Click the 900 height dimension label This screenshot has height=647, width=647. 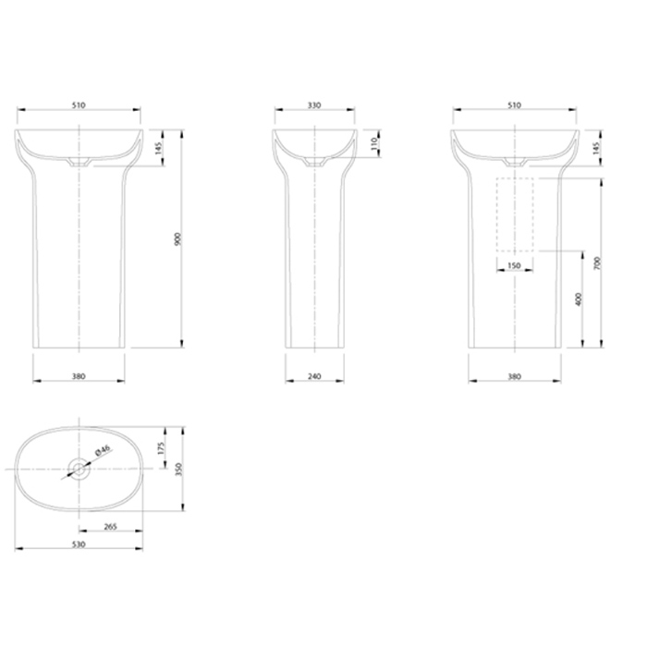[177, 239]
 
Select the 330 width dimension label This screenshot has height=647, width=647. [314, 105]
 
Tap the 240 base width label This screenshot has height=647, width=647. [314, 376]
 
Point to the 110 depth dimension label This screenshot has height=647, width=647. [374, 143]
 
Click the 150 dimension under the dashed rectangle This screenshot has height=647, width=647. [514, 266]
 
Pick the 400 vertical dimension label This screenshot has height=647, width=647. [578, 299]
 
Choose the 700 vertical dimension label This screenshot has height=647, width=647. [598, 263]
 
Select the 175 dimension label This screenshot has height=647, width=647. [162, 448]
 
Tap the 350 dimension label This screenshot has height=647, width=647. [178, 470]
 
